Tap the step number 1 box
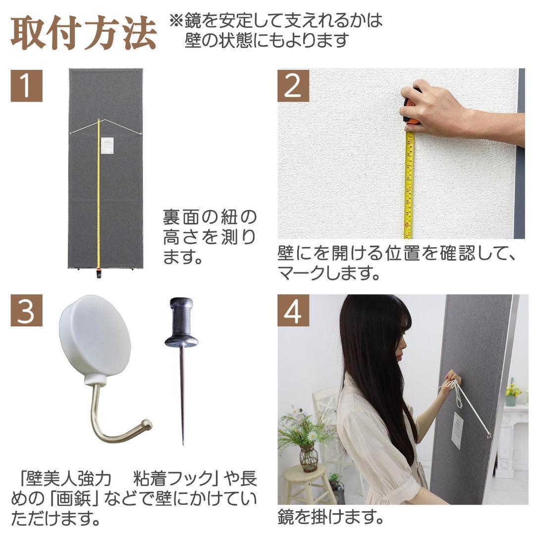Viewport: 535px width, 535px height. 26,85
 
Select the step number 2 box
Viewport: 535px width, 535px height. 293,85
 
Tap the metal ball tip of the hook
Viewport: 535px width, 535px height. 146,425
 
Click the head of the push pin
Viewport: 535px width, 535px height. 181,322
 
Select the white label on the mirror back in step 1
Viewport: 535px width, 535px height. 107,146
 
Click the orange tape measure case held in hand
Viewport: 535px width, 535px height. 412,111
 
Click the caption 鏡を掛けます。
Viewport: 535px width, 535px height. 330,518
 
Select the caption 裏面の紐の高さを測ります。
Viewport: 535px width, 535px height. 210,237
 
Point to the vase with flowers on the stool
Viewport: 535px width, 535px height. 308,456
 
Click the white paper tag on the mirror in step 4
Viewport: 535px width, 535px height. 457,430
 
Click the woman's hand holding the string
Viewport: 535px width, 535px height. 452,382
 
